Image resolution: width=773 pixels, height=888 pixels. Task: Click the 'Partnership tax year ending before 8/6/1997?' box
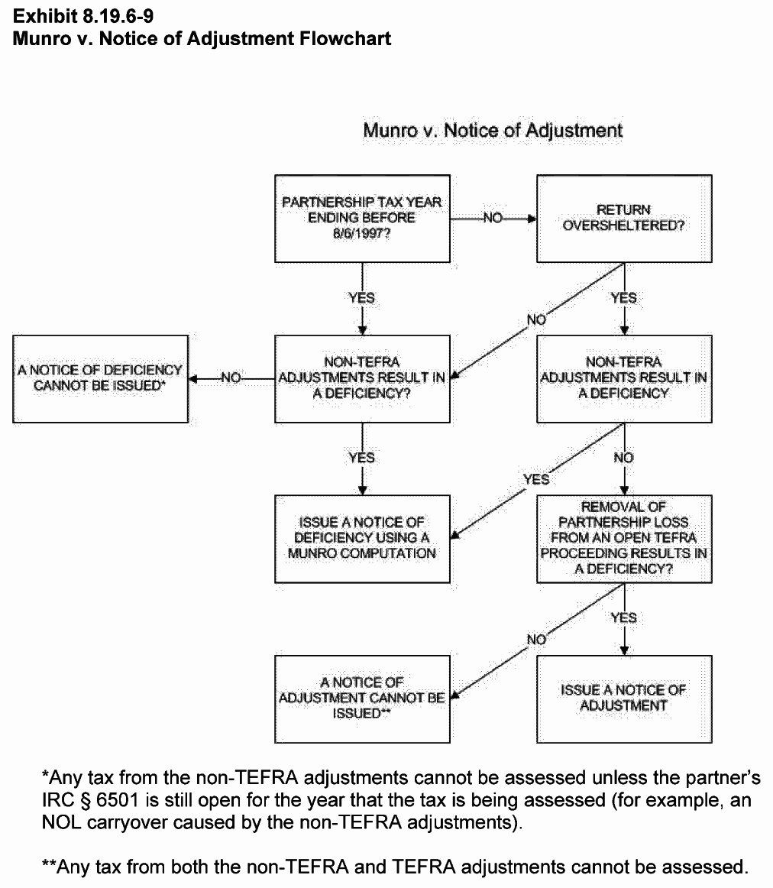tap(362, 218)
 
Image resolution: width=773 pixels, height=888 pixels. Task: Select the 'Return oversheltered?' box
tap(624, 218)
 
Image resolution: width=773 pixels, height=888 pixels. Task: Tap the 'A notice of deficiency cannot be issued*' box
tap(100, 378)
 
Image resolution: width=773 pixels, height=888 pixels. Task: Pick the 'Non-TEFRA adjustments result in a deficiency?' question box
tap(362, 378)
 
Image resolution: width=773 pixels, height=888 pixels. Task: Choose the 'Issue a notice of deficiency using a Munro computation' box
tap(362, 538)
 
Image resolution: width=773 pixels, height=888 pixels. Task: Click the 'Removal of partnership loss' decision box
tap(624, 538)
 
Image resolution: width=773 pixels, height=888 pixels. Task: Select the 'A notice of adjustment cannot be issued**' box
tap(362, 698)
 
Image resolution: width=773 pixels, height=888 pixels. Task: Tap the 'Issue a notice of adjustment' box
tap(624, 698)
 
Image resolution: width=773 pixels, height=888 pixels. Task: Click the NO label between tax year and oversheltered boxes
tap(493, 219)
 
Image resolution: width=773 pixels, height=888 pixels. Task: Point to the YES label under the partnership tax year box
tap(362, 297)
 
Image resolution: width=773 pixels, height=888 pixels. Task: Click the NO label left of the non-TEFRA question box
tap(231, 378)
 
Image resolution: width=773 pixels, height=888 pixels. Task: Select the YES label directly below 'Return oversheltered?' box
tap(624, 297)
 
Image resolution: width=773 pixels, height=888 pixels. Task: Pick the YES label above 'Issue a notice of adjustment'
tap(624, 617)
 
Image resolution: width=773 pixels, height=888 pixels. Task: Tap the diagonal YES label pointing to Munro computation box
tap(536, 480)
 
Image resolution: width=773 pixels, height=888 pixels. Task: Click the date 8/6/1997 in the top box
tap(361, 233)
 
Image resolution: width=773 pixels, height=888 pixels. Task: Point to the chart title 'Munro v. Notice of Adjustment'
tap(493, 131)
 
